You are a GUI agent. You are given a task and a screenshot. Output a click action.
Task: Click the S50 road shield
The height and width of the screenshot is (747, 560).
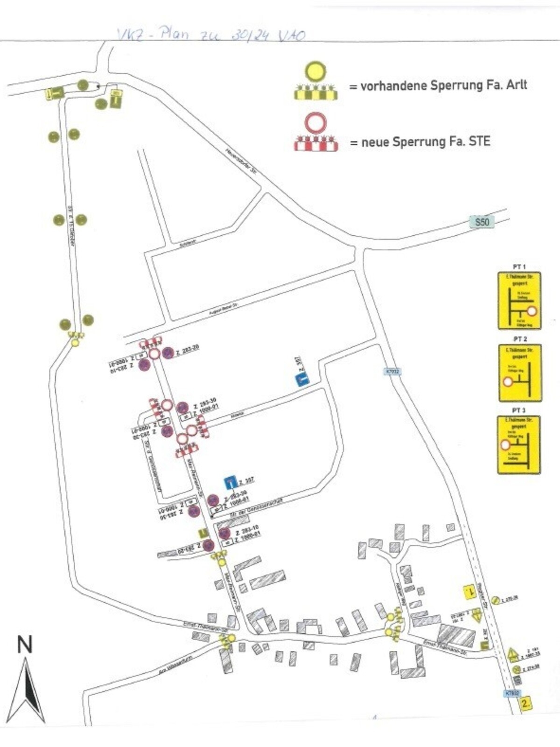482,222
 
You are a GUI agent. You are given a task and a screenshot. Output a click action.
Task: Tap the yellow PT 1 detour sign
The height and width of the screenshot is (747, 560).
519,301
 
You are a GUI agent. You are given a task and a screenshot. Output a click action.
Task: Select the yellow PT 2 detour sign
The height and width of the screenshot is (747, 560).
519,373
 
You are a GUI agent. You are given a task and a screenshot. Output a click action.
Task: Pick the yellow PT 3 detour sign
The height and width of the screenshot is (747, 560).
519,444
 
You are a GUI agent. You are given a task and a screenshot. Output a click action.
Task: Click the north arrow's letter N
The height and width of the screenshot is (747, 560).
25,645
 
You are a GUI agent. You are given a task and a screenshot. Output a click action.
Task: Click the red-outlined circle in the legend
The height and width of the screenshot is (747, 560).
316,123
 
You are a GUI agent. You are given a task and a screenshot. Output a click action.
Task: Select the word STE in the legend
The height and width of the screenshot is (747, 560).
479,141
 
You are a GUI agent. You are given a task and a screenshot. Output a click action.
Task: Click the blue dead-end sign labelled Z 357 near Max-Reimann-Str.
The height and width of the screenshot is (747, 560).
230,482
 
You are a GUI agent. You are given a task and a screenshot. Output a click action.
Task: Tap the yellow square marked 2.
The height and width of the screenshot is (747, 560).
526,704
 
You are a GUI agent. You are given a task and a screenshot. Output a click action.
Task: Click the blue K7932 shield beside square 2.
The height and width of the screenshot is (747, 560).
512,693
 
